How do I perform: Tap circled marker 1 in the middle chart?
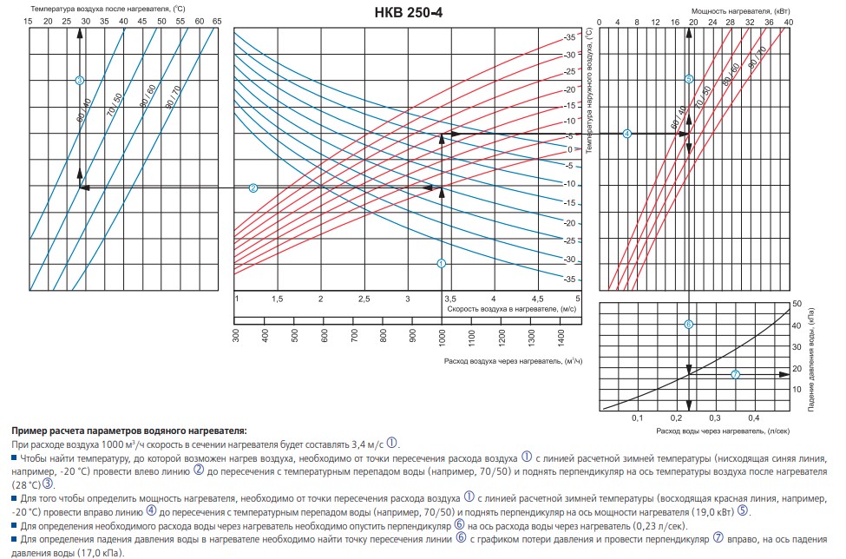coord(441,262)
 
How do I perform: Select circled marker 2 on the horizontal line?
coord(252,187)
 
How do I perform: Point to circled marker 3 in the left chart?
coord(79,81)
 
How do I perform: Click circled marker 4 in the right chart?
coord(626,134)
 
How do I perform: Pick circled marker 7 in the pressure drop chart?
coord(734,374)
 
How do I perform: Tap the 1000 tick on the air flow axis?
coord(442,337)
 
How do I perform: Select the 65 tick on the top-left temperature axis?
coord(216,20)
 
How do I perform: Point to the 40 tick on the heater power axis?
coord(788,20)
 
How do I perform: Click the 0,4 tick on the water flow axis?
coord(753,418)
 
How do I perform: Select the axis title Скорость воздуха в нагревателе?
coord(511,308)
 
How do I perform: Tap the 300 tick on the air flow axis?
coord(236,337)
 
